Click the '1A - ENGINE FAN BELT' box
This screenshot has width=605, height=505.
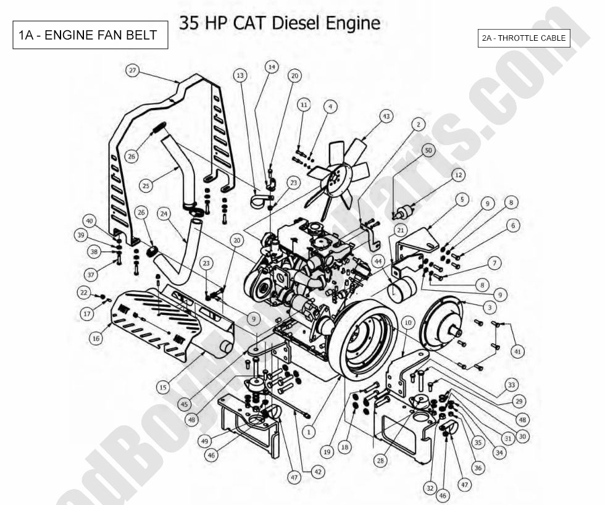point(91,36)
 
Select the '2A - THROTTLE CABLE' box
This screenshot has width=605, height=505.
point(524,38)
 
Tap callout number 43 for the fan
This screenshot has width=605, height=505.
point(386,116)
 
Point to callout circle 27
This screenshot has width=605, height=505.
point(132,70)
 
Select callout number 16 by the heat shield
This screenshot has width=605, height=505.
point(96,338)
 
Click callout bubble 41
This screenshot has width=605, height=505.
point(517,351)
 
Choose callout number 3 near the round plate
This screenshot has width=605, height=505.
point(488,306)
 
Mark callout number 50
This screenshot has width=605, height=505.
point(428,150)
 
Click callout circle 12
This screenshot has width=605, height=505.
point(457,175)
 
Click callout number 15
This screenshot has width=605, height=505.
point(162,387)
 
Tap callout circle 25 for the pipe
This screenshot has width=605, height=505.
point(146,185)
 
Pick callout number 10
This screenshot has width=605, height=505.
point(407,323)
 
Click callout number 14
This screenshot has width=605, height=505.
point(272,66)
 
